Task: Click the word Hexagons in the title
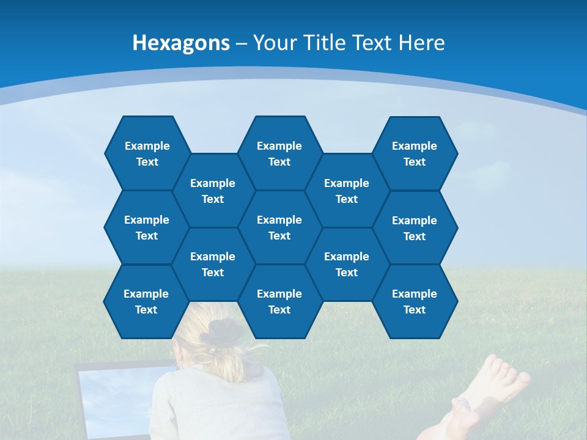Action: (181, 43)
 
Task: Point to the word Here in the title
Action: (421, 43)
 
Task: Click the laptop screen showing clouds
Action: (116, 397)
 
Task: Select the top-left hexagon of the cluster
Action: (147, 153)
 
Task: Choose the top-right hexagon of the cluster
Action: (415, 153)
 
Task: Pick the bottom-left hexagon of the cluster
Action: (146, 301)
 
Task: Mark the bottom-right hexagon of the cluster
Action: (415, 301)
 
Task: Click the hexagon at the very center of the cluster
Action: (279, 227)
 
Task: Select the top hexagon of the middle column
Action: (279, 153)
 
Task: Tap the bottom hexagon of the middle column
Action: (279, 301)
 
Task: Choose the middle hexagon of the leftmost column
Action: (147, 227)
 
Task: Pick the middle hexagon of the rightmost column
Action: (415, 228)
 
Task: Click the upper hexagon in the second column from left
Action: (213, 191)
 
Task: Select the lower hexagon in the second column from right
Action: (347, 264)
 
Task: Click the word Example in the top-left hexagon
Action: (147, 146)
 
